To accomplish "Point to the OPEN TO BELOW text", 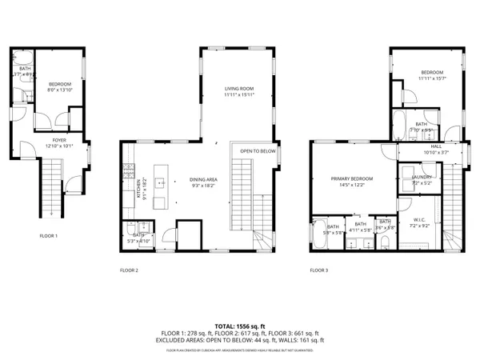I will (258, 151).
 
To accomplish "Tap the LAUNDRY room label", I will (422, 177).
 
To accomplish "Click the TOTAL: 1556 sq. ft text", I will (239, 326).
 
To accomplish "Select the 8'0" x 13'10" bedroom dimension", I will (60, 90).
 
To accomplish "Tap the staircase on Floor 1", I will (50, 188).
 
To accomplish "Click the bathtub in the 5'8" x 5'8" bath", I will (322, 235).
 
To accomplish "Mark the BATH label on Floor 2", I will (138, 235).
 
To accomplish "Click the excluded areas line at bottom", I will (239, 339).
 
